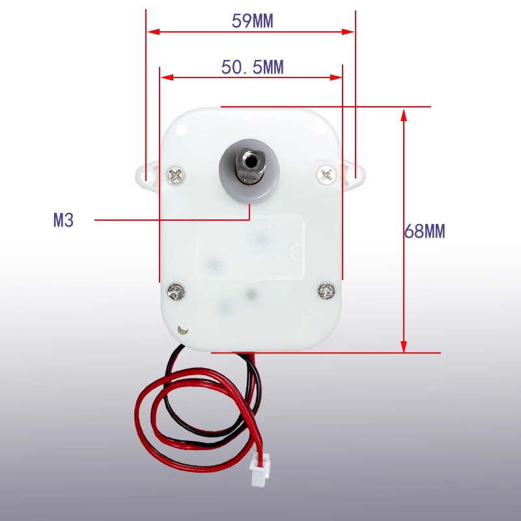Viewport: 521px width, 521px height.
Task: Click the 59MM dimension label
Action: (253, 21)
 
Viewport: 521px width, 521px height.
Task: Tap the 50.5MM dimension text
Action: (253, 67)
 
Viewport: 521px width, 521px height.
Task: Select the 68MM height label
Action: (425, 231)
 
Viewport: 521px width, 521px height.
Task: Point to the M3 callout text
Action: (63, 220)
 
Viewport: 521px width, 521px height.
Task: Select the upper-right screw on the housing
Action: (327, 173)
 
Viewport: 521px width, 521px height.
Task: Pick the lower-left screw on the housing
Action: (175, 291)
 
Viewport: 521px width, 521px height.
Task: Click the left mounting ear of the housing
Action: (146, 174)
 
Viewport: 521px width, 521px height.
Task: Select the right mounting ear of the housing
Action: (356, 174)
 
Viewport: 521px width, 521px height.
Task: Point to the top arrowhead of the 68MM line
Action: (404, 114)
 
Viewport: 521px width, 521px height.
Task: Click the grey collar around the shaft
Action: (249, 189)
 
